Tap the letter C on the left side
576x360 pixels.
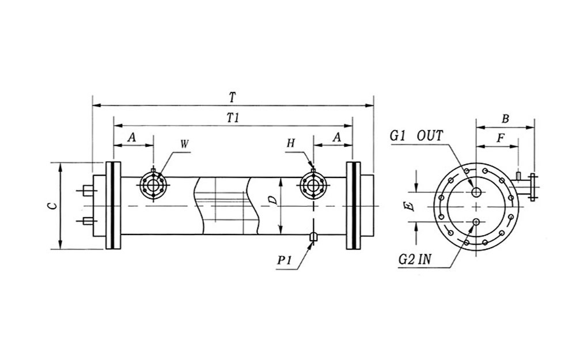click(51, 205)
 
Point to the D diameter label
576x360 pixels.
click(274, 200)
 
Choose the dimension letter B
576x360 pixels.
click(505, 119)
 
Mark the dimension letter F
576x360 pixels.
click(501, 139)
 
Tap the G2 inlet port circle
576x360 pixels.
click(476, 222)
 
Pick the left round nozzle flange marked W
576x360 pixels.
click(153, 185)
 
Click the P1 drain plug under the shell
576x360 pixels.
click(313, 236)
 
